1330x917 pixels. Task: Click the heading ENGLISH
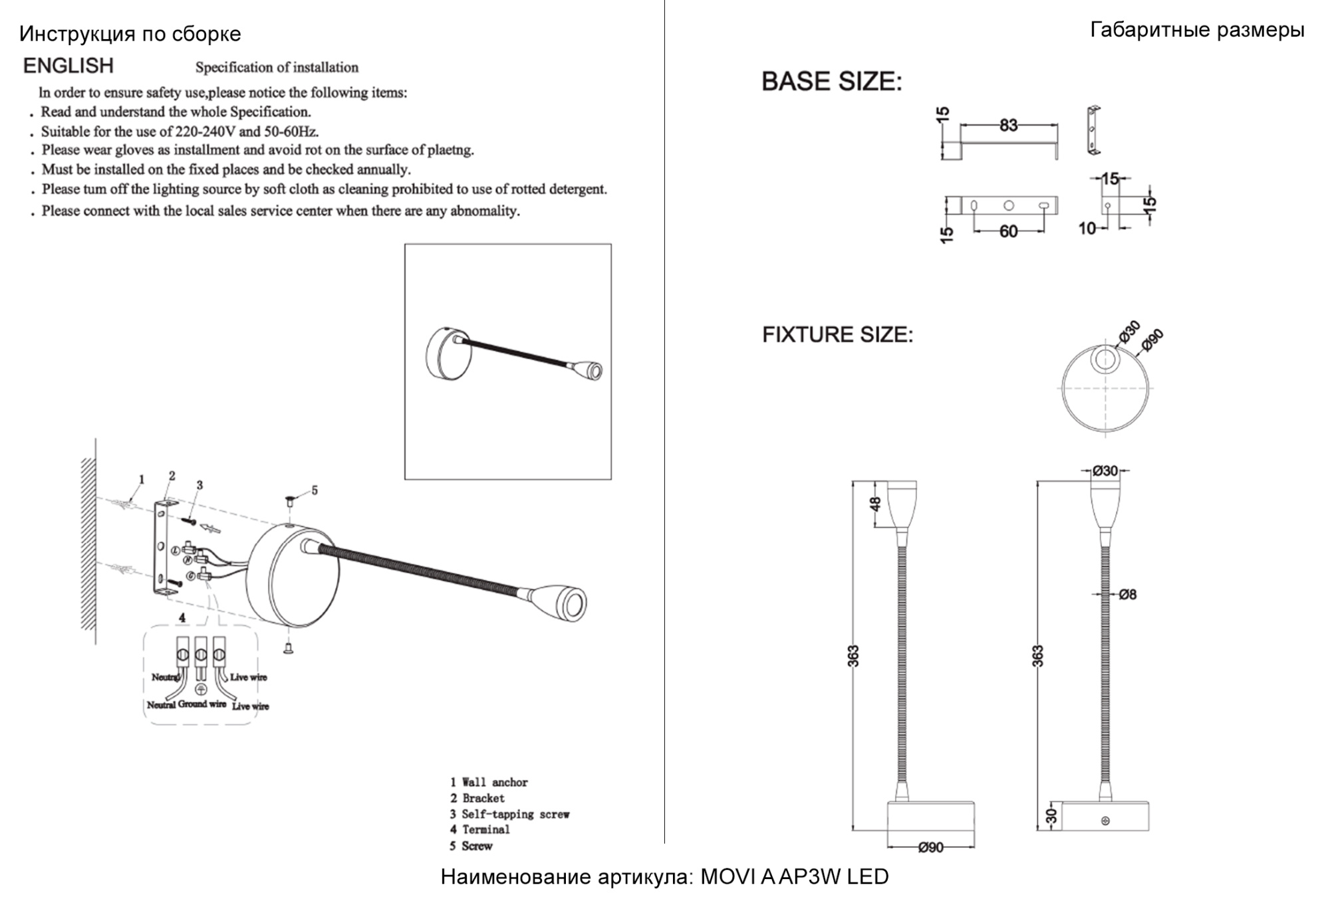click(x=68, y=66)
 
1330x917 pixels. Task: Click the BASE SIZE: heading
click(x=831, y=82)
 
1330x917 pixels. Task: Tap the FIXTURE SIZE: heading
click(x=837, y=334)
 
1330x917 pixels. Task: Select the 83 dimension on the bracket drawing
click(x=1008, y=125)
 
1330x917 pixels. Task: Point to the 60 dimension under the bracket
click(x=1008, y=231)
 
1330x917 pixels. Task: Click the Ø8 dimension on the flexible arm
click(x=1127, y=595)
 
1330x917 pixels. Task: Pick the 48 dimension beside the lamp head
click(x=875, y=504)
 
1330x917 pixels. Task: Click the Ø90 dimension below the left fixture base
click(x=930, y=847)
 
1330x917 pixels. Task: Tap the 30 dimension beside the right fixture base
click(x=1051, y=815)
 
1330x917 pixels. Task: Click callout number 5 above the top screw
click(x=315, y=490)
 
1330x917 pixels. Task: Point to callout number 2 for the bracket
click(x=172, y=476)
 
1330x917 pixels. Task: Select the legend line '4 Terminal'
click(x=479, y=829)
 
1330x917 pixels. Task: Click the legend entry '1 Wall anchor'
click(x=489, y=782)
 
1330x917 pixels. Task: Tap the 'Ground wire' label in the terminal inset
click(x=201, y=704)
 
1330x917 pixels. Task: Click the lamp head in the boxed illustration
click(x=589, y=369)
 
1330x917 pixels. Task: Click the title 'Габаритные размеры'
click(x=1197, y=30)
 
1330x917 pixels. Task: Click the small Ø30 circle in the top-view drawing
click(x=1105, y=359)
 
